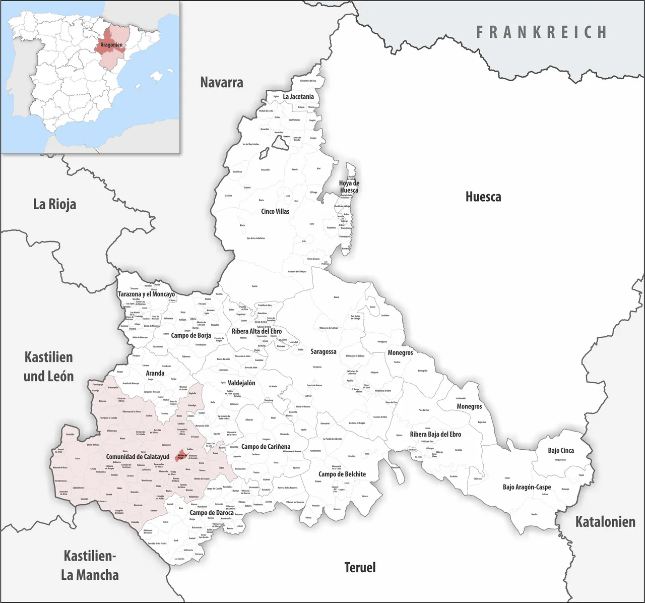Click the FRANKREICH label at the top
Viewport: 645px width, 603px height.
(x=542, y=32)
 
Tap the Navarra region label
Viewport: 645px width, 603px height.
(x=222, y=82)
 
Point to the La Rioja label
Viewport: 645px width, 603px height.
(x=54, y=204)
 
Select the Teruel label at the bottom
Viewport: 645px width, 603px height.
(x=360, y=567)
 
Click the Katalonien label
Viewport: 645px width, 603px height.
(x=605, y=522)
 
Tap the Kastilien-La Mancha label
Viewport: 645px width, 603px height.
(x=90, y=565)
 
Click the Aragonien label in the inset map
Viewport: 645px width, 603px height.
(x=111, y=45)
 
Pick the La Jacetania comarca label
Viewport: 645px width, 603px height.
(x=298, y=96)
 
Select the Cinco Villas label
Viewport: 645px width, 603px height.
(x=275, y=211)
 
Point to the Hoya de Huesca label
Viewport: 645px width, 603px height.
(x=349, y=187)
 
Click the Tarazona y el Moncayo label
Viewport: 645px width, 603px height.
(x=146, y=294)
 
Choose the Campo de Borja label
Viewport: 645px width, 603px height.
(x=191, y=335)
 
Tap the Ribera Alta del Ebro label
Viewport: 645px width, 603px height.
(x=256, y=331)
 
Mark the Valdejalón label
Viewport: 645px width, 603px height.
(x=241, y=383)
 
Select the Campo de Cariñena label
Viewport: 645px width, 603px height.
(x=266, y=447)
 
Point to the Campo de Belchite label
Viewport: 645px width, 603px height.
(x=342, y=474)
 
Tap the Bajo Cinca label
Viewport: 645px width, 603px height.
(x=561, y=450)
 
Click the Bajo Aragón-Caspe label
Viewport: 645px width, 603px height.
(x=527, y=487)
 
